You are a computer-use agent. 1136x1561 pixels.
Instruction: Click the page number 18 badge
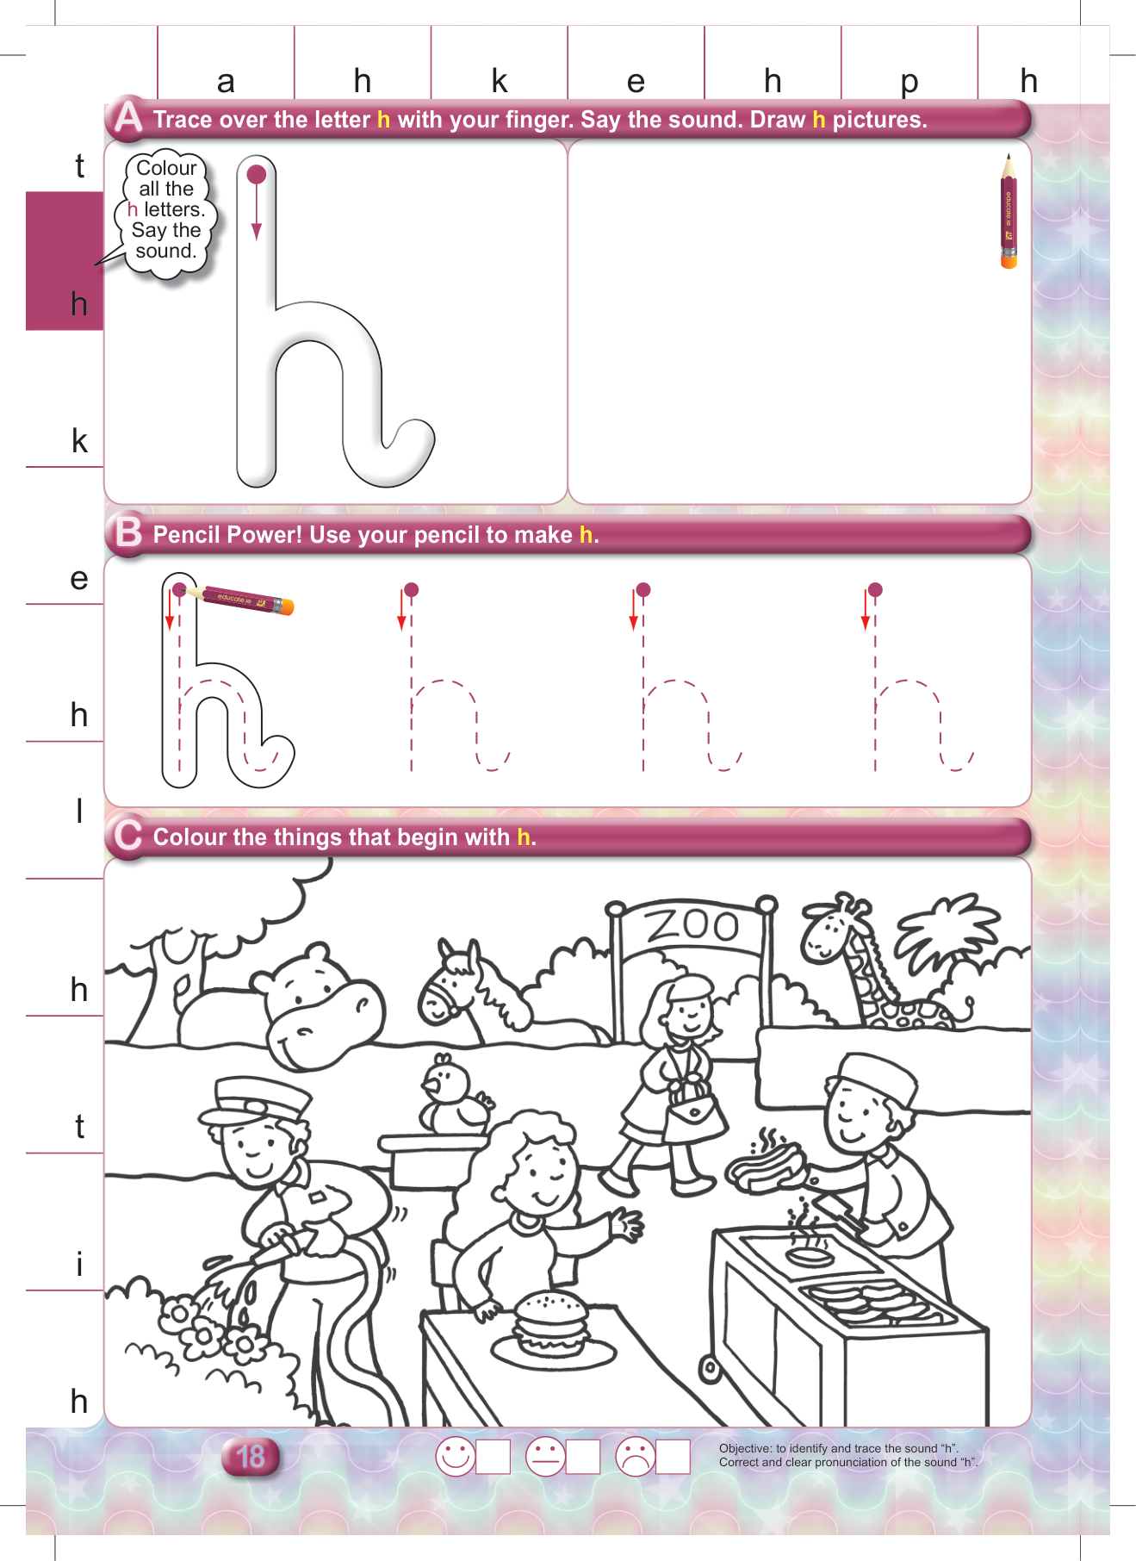(251, 1457)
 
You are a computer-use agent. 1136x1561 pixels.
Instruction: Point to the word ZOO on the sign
(692, 925)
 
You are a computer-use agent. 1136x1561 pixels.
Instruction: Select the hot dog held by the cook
(766, 1165)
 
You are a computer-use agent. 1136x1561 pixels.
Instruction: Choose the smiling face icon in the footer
(456, 1457)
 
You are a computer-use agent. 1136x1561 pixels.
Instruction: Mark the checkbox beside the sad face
(673, 1457)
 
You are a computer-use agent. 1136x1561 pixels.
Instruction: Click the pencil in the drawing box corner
(1009, 211)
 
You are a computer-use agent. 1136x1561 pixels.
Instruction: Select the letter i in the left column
(79, 1264)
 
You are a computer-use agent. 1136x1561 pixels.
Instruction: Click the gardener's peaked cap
(255, 1104)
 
